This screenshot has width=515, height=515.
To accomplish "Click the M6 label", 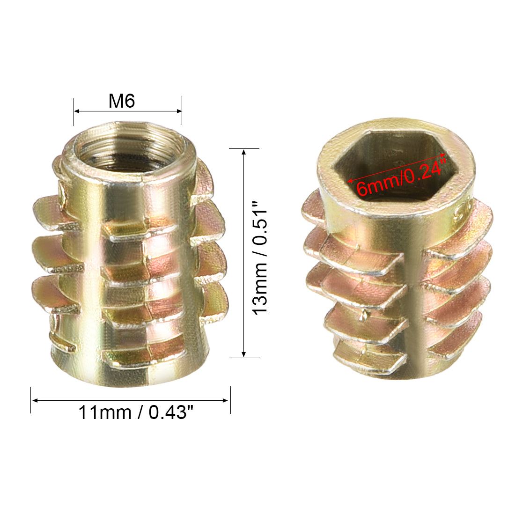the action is [x=122, y=101].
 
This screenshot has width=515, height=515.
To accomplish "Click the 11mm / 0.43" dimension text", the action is [x=136, y=412].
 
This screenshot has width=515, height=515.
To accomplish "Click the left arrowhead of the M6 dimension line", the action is [x=76, y=111].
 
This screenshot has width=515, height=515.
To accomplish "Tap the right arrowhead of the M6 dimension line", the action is [x=179, y=111].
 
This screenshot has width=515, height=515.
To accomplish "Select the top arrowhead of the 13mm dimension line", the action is [x=244, y=152].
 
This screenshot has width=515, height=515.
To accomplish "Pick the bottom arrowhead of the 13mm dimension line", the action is [x=244, y=354].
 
